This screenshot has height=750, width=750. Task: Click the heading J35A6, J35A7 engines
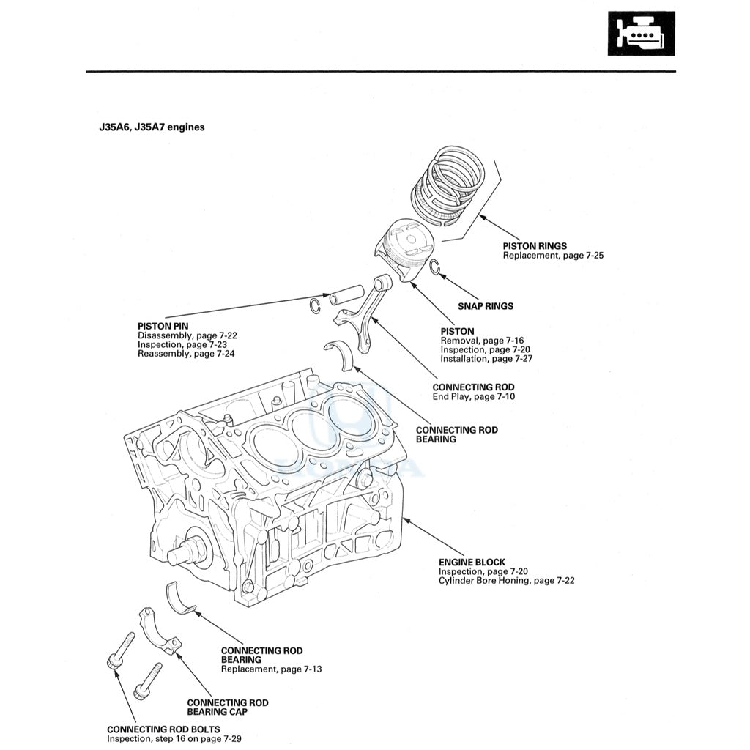[x=152, y=127]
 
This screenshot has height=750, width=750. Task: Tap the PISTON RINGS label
[x=534, y=246]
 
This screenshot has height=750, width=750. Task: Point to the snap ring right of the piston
[x=434, y=268]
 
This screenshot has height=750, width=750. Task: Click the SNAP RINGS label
[x=485, y=306]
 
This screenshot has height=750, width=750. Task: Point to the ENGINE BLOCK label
[x=472, y=562]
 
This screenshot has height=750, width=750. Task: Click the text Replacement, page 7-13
[x=271, y=669]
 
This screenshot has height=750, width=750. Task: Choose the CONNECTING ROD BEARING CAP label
[x=227, y=707]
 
